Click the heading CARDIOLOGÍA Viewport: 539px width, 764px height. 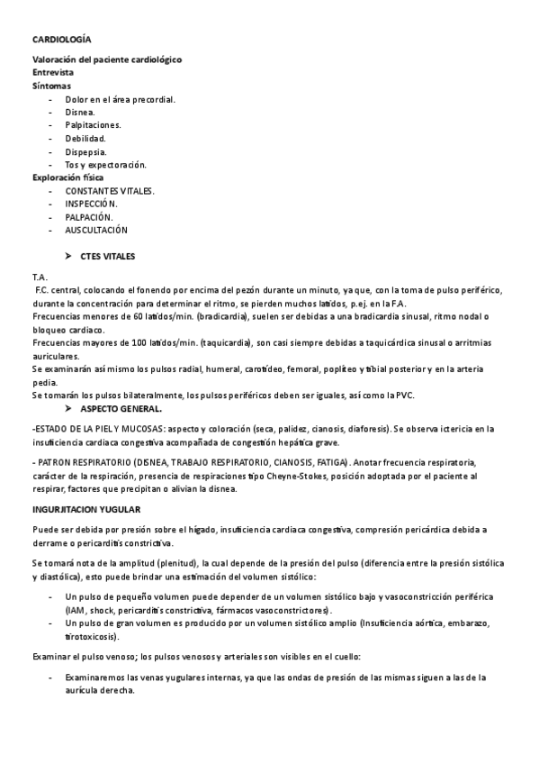pyautogui.click(x=61, y=41)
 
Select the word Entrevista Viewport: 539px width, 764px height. pyautogui.click(x=53, y=72)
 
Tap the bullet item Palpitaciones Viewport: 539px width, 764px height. pyautogui.click(x=93, y=125)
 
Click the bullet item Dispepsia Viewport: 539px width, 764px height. pyautogui.click(x=86, y=151)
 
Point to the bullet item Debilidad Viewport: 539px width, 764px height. pyautogui.click(x=85, y=139)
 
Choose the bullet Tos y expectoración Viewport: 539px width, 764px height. pyautogui.click(x=105, y=165)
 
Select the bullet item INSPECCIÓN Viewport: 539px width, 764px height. pyautogui.click(x=91, y=204)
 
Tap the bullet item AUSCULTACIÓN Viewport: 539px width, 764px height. pyautogui.click(x=96, y=230)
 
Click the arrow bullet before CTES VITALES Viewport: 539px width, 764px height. pyautogui.click(x=69, y=257)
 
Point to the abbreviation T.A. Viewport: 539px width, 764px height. pyautogui.click(x=40, y=277)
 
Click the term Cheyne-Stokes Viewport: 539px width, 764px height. pyautogui.click(x=304, y=476)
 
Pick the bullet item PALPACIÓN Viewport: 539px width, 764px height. pyautogui.click(x=88, y=217)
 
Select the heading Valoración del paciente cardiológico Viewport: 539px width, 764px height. pyautogui.click(x=107, y=59)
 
